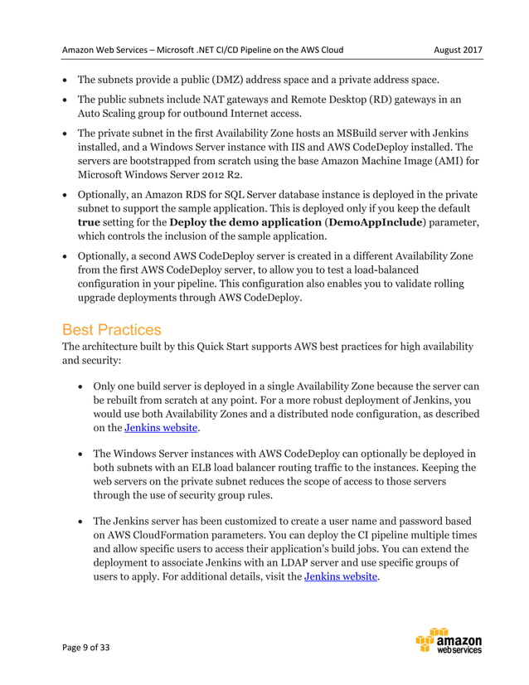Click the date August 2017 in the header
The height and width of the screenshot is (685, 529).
(x=458, y=50)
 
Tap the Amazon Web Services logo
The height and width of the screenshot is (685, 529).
(x=449, y=644)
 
